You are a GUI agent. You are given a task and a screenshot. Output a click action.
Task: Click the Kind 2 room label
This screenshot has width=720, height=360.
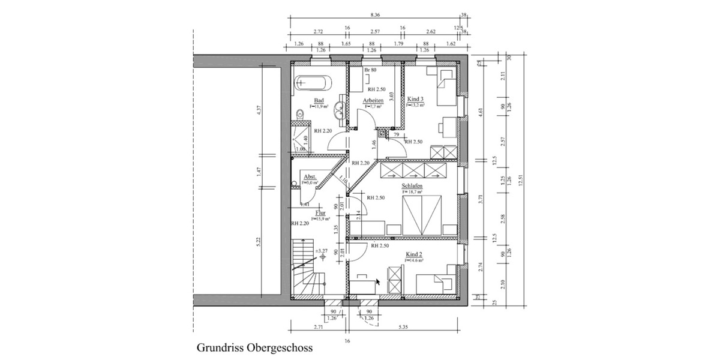click(415, 254)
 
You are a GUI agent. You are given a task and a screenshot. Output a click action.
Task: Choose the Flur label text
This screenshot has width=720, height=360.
click(320, 212)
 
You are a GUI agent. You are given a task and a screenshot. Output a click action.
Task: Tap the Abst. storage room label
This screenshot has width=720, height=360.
click(310, 177)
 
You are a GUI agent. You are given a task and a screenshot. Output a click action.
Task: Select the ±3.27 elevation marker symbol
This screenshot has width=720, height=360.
click(323, 256)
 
